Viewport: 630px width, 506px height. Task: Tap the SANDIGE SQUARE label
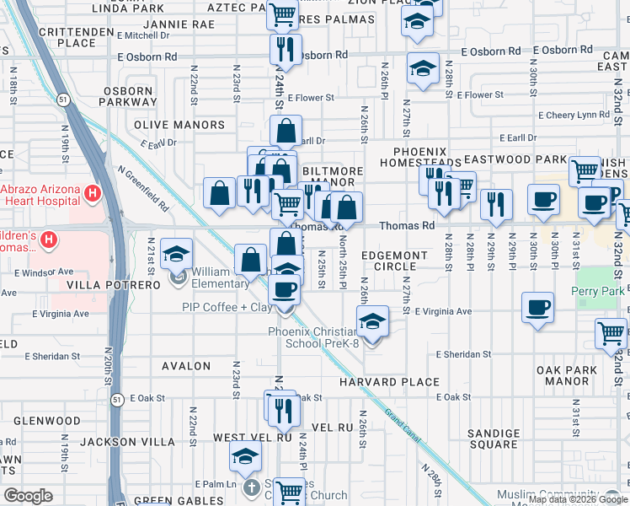click(x=494, y=439)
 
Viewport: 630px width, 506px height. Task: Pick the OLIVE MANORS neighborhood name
click(x=179, y=125)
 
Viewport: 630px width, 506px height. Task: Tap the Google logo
click(x=29, y=495)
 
